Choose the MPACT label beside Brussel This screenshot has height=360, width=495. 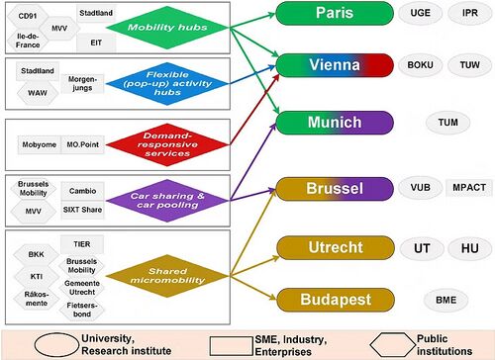point(466,187)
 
